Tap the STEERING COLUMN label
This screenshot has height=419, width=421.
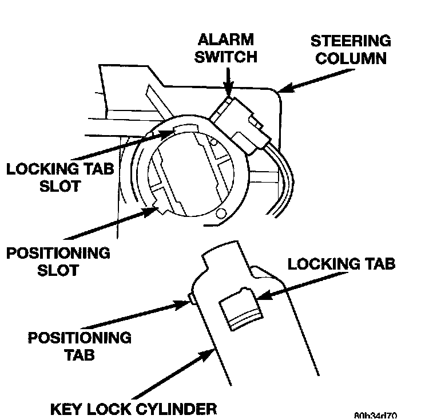tap(350, 49)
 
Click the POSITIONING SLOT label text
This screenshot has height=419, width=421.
tap(57, 261)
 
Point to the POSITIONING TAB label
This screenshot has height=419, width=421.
tap(80, 346)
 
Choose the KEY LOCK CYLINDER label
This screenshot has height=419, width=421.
tap(134, 409)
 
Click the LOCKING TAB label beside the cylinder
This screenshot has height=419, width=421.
tap(341, 264)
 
